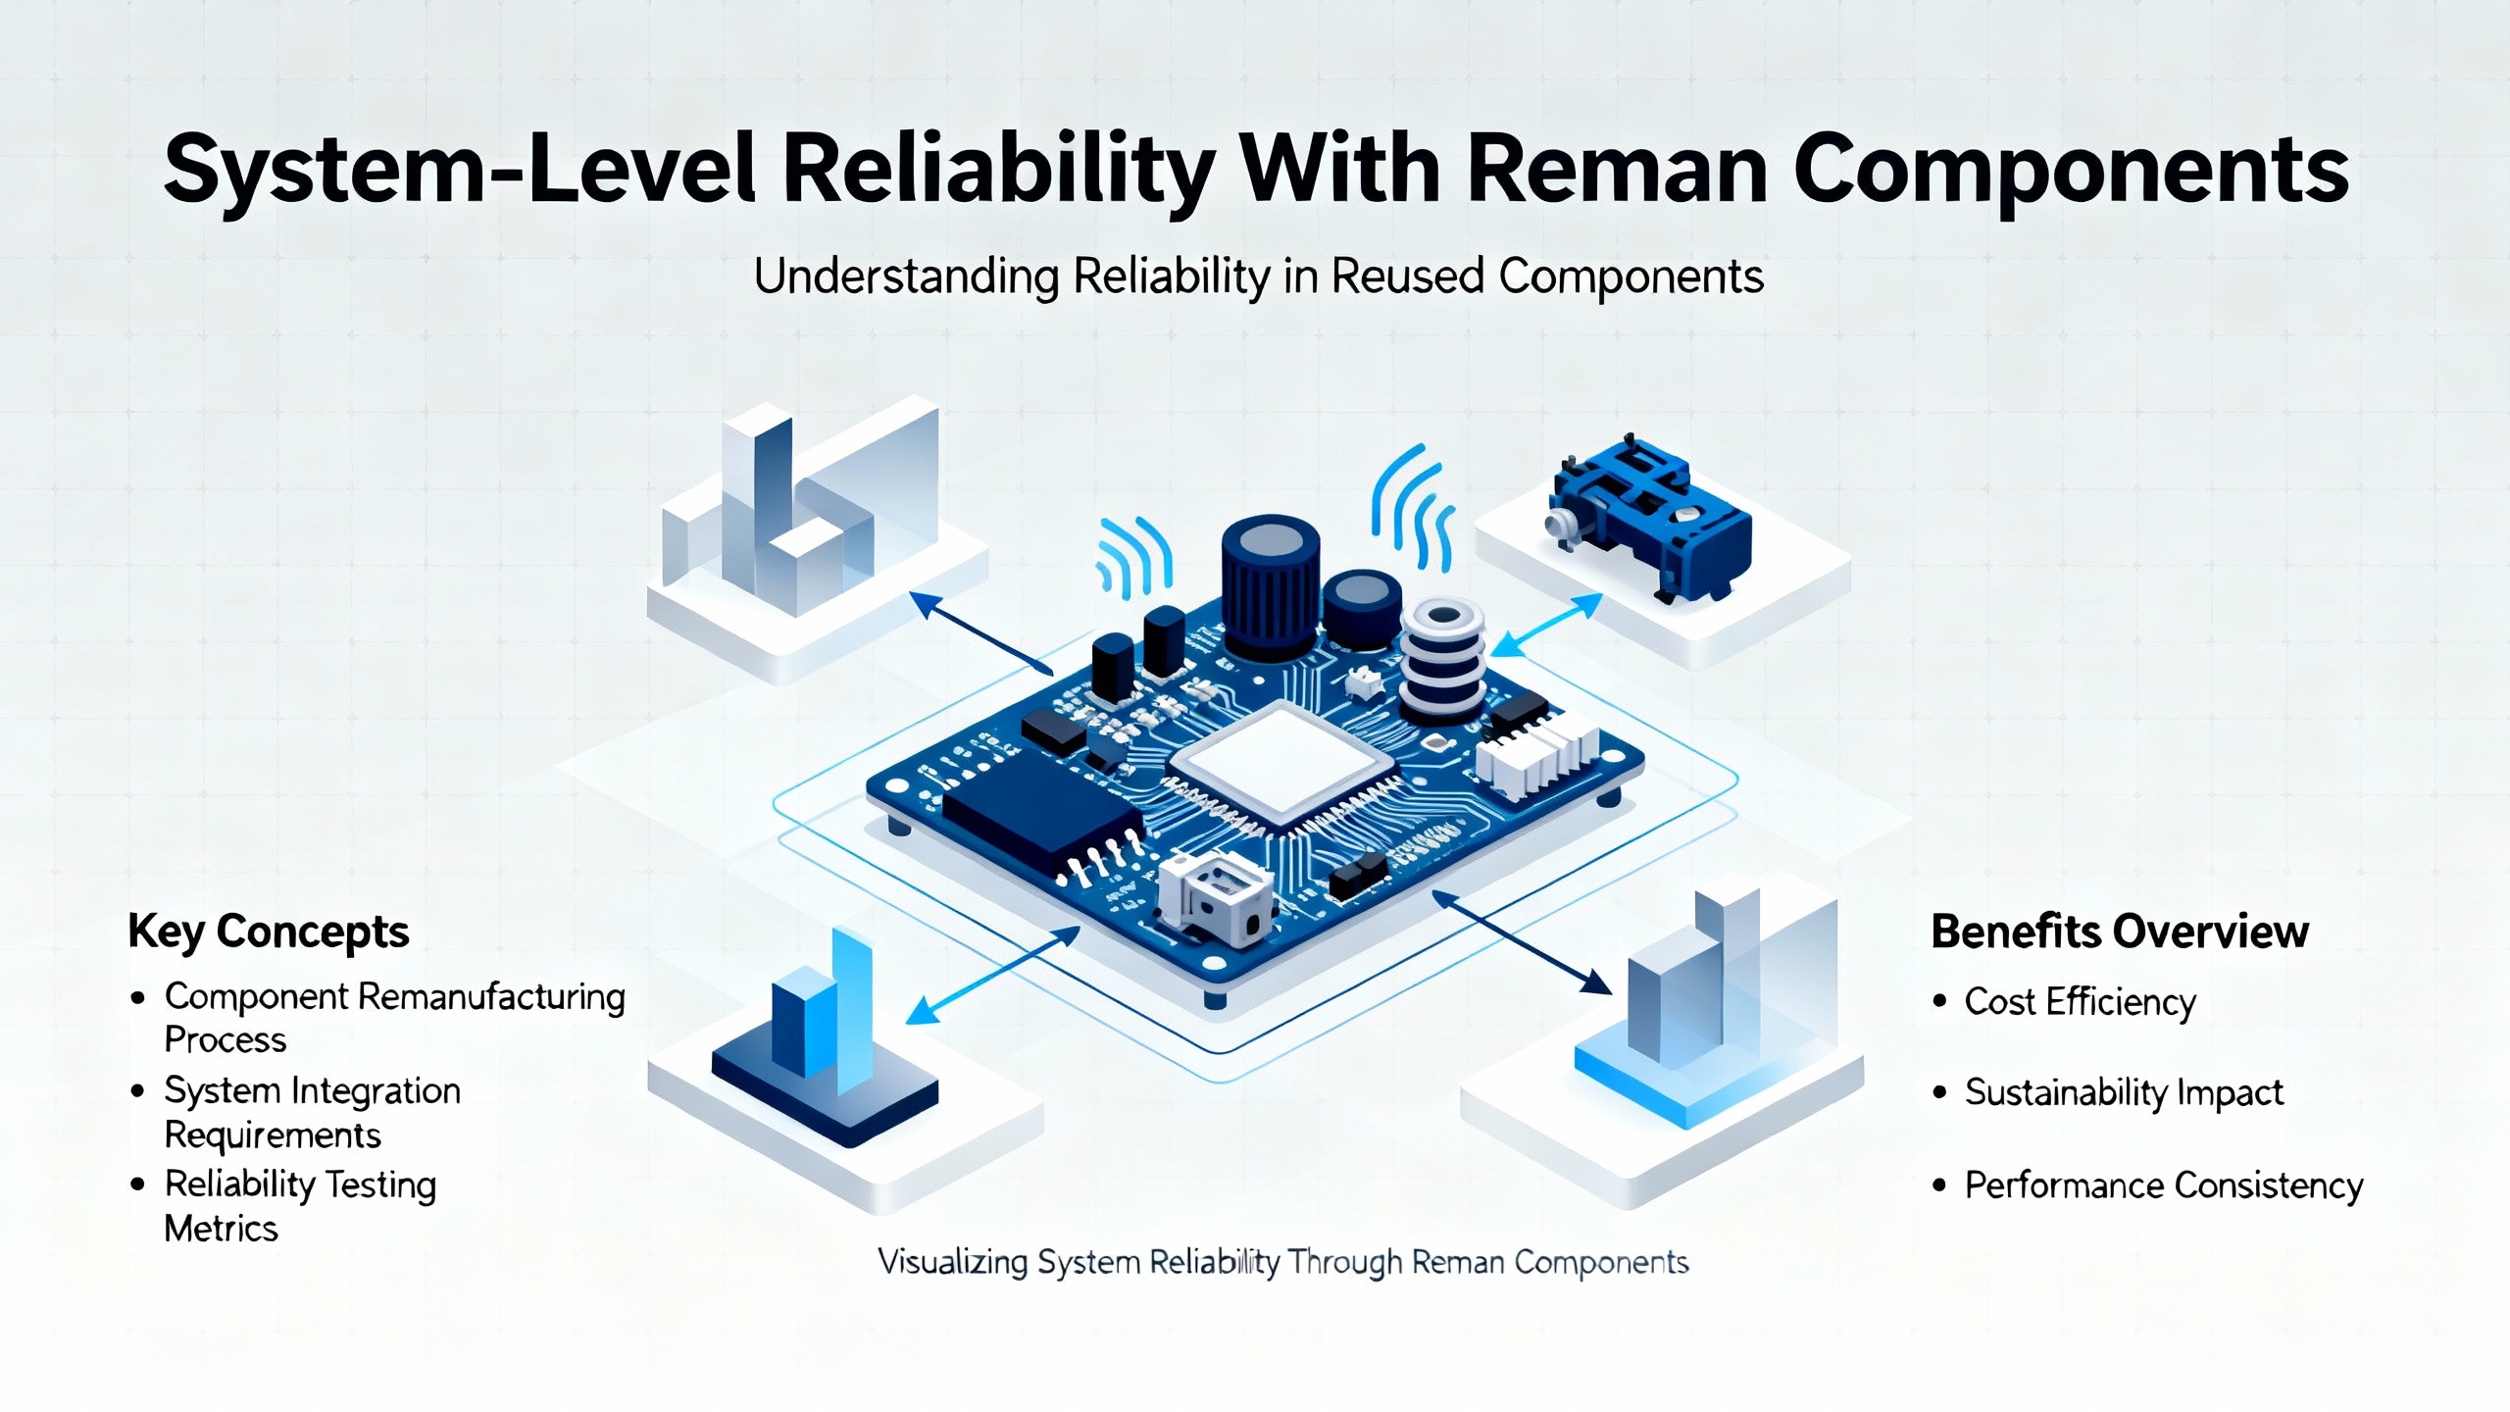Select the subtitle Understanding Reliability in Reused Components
pyautogui.click(x=1258, y=277)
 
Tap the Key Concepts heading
pyautogui.click(x=269, y=932)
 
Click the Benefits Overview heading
pyautogui.click(x=2120, y=932)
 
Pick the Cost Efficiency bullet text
pyautogui.click(x=2080, y=1002)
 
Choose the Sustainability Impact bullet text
pyautogui.click(x=2124, y=1092)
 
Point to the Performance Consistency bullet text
pyautogui.click(x=2164, y=1185)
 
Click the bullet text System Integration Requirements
pyautogui.click(x=312, y=1112)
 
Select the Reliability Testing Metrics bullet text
pyautogui.click(x=299, y=1205)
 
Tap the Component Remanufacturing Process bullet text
pyautogui.click(x=394, y=1017)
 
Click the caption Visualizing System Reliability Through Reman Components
pyautogui.click(x=1282, y=1262)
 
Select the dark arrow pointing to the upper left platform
pyautogui.click(x=980, y=632)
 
